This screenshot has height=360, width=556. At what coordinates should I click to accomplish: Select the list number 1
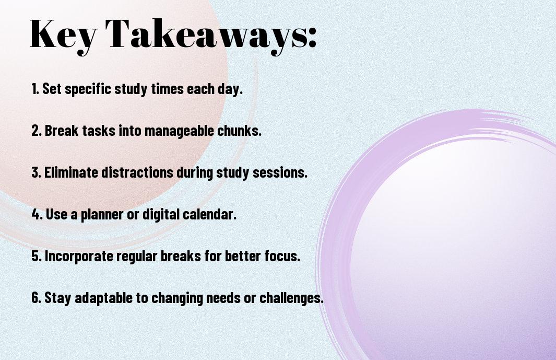click(x=35, y=89)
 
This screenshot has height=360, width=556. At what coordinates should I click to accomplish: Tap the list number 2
click(x=37, y=131)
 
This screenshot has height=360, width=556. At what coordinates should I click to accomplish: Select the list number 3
click(x=37, y=172)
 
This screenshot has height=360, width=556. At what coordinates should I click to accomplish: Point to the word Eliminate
click(x=72, y=172)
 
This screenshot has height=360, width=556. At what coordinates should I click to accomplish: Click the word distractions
click(x=137, y=172)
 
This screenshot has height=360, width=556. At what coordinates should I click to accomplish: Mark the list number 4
click(x=37, y=214)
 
